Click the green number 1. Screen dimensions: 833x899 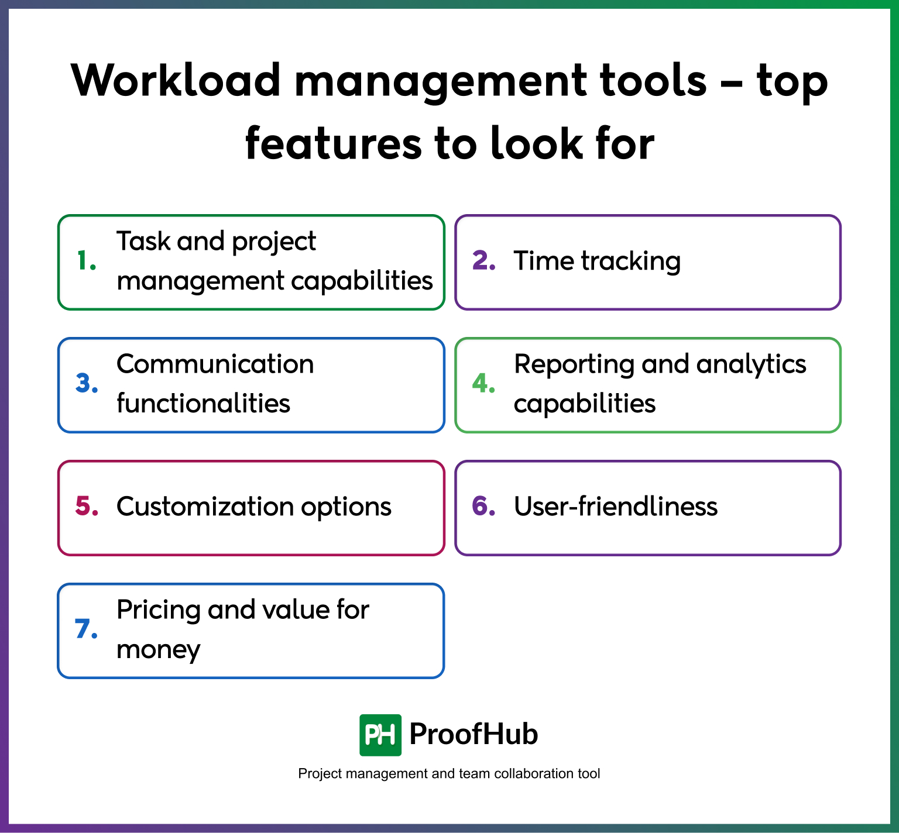click(x=85, y=261)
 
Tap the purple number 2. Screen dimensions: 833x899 click(x=483, y=261)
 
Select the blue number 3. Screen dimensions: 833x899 click(x=86, y=384)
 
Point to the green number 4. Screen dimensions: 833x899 click(x=483, y=384)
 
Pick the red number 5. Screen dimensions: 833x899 click(x=86, y=507)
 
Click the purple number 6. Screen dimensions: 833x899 click(x=483, y=507)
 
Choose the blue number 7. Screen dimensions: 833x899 click(x=85, y=629)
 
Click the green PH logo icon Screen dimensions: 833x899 click(x=380, y=735)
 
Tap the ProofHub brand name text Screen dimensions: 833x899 click(x=473, y=735)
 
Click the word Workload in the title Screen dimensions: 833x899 click(x=176, y=80)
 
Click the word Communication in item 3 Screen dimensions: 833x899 click(x=215, y=364)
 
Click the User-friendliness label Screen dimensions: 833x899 click(x=615, y=507)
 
